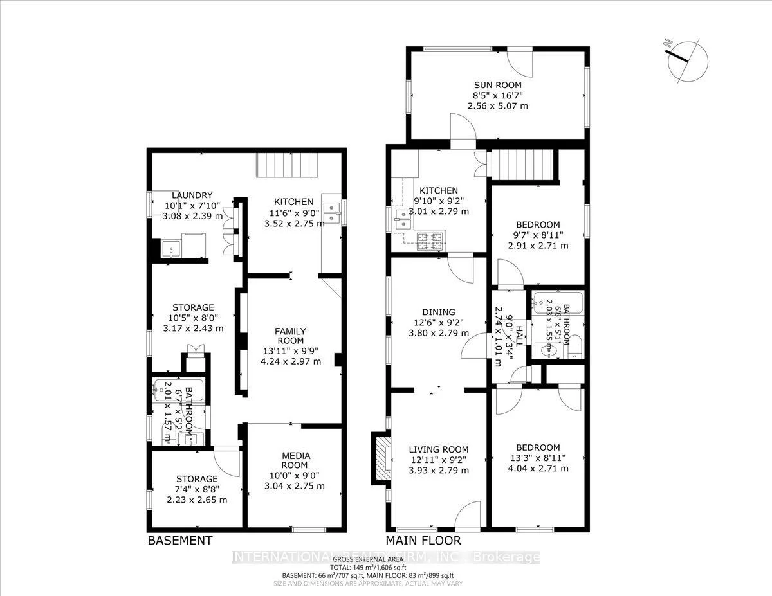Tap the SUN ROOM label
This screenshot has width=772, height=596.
click(x=497, y=85)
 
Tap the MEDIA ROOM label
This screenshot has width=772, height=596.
click(x=295, y=460)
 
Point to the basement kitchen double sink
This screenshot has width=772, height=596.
click(x=333, y=213)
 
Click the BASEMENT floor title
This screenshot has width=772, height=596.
click(x=179, y=541)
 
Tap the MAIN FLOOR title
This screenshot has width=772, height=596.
click(x=423, y=541)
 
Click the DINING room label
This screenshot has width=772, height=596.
click(x=439, y=312)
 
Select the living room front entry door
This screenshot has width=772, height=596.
click(x=467, y=514)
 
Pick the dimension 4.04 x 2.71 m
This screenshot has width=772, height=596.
click(x=537, y=469)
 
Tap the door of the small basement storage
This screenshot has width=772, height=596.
click(x=227, y=460)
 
